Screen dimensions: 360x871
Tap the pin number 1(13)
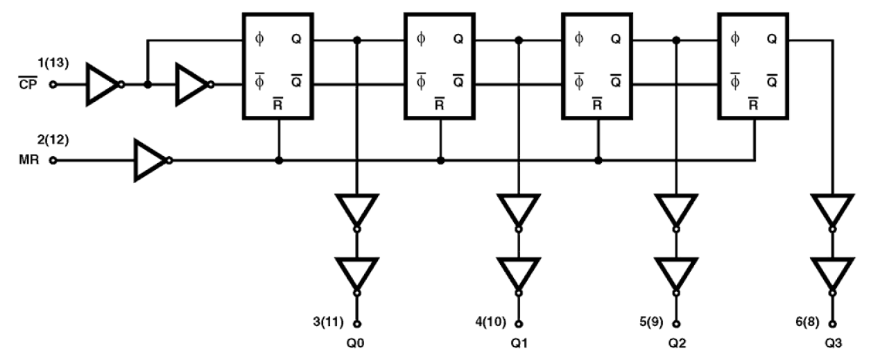pyautogui.click(x=31, y=65)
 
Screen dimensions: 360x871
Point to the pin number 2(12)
pyautogui.click(x=31, y=139)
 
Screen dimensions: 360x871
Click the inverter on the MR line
pyautogui.click(x=151, y=160)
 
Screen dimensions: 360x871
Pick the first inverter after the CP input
pyautogui.click(x=103, y=85)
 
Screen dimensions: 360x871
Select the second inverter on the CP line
pyautogui.click(x=192, y=85)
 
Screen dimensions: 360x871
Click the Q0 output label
pyautogui.click(x=356, y=343)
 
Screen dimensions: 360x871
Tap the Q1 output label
pyautogui.click(x=518, y=343)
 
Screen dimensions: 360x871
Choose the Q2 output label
pyautogui.click(x=678, y=343)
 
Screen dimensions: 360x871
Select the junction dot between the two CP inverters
pyautogui.click(x=147, y=85)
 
